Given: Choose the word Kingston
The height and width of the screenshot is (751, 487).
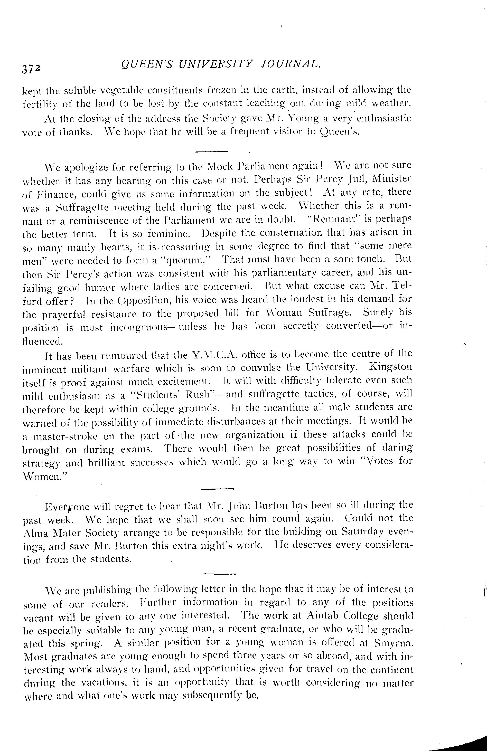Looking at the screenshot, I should tap(390, 367).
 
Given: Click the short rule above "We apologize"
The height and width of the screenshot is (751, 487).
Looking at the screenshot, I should tap(211, 152).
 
